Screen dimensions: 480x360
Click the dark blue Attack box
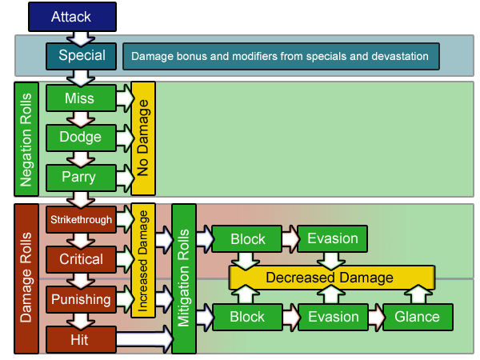coord(72,17)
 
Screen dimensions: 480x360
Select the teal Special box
coord(81,56)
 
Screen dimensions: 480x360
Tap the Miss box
coord(81,98)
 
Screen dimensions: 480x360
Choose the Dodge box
coord(81,138)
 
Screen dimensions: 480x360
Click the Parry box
coord(81,178)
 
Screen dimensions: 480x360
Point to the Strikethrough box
coord(81,219)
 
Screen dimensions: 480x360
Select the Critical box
coord(81,259)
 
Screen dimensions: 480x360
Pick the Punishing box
coord(81,299)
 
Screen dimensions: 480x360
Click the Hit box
coord(81,340)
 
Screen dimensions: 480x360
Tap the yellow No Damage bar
coord(143,138)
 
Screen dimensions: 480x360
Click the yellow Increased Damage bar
coord(143,261)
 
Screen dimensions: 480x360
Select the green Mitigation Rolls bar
coord(184,278)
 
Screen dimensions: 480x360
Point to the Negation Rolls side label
coord(26,139)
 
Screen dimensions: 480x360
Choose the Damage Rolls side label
coord(26,278)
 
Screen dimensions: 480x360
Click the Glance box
coord(418,317)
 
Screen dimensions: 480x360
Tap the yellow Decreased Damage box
coord(332,278)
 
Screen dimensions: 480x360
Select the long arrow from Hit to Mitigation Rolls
coord(145,339)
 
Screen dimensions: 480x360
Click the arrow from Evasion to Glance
coord(376,317)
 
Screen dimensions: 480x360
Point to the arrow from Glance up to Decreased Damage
coord(418,294)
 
